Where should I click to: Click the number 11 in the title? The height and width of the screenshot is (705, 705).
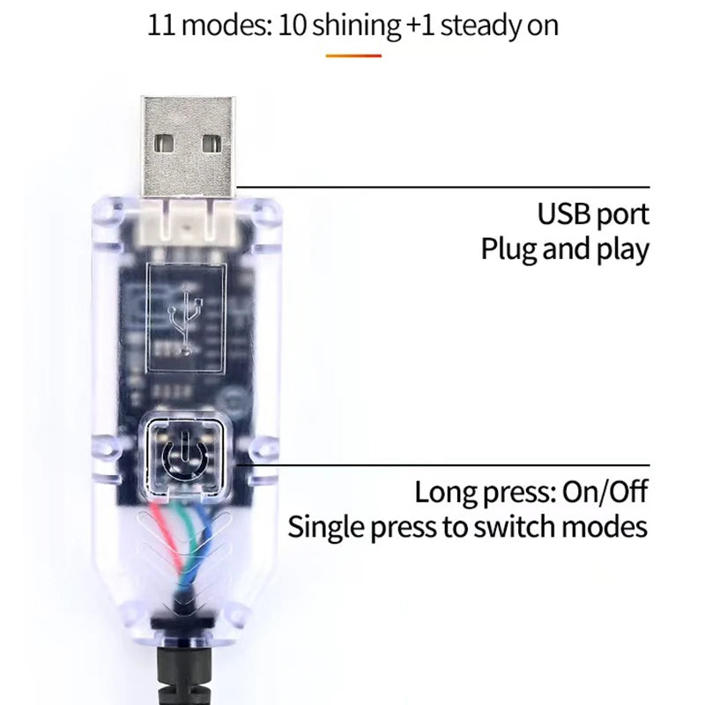click(x=162, y=25)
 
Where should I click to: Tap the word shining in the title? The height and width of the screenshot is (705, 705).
click(x=356, y=25)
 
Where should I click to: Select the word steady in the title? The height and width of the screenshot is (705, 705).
click(x=475, y=25)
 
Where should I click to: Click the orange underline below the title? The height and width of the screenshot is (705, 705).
click(x=353, y=56)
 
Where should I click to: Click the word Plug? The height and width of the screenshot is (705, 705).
click(x=508, y=249)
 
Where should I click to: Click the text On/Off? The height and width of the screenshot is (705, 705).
click(x=606, y=492)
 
